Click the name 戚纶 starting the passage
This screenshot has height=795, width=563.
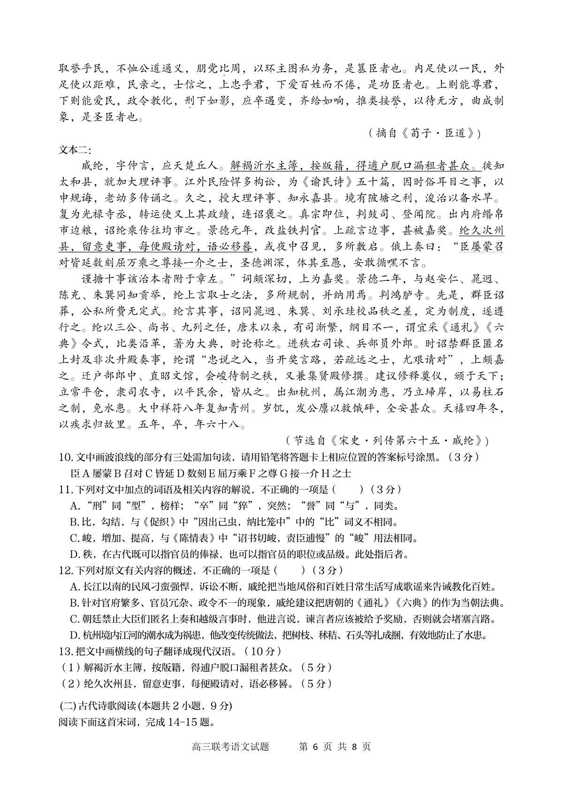(92, 166)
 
